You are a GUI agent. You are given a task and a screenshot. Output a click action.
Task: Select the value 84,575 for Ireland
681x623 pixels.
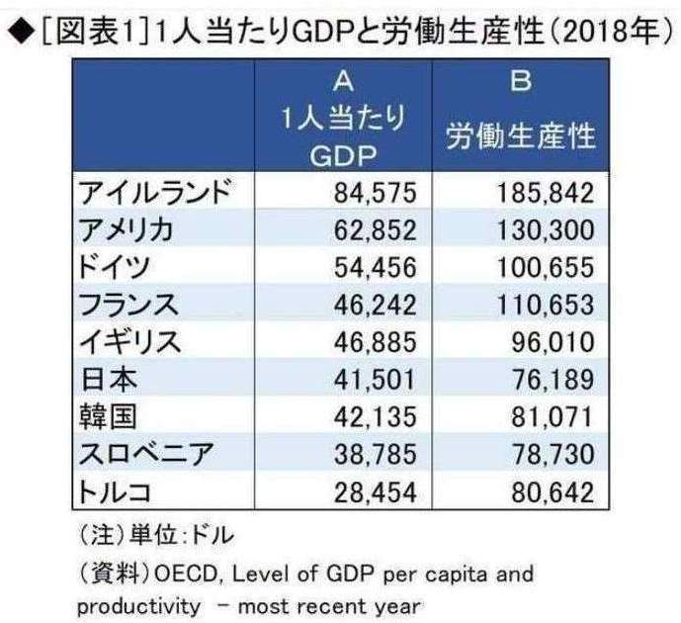click(x=367, y=192)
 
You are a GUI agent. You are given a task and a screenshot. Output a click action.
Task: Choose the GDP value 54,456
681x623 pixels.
click(x=367, y=268)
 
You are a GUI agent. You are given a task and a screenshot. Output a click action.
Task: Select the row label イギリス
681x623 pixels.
click(x=128, y=343)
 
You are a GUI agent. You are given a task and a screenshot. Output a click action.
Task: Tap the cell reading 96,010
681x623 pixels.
click(x=548, y=343)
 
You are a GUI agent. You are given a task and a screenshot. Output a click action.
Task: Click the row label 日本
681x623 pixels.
click(x=102, y=381)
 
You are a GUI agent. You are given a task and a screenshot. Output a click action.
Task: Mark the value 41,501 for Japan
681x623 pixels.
click(x=367, y=381)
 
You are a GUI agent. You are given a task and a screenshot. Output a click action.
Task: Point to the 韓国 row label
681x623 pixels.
click(x=102, y=418)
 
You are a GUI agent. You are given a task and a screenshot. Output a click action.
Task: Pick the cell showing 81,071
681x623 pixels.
click(x=548, y=418)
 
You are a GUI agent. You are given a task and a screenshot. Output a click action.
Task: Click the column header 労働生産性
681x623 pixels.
click(x=521, y=135)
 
